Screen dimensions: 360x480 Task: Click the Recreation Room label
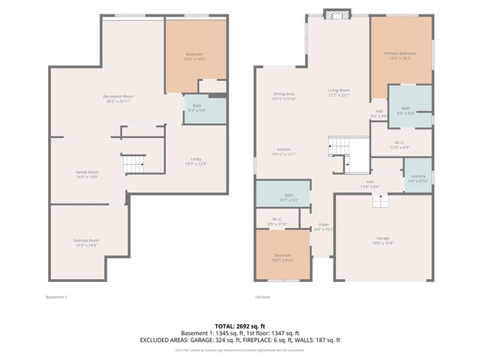[x=118, y=98]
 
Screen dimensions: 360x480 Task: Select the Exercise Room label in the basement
[x=86, y=242]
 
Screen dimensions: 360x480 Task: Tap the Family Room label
[x=87, y=174]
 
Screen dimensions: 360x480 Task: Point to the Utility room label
[x=196, y=160]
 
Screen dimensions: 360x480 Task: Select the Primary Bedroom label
[x=400, y=55]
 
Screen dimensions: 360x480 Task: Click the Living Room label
[x=339, y=92]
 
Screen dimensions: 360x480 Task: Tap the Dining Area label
[x=284, y=95]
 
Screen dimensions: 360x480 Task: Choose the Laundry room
[x=418, y=178]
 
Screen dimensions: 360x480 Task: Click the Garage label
[x=383, y=240]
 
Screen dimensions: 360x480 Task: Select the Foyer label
[x=324, y=226]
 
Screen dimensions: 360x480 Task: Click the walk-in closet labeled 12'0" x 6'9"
[x=399, y=144]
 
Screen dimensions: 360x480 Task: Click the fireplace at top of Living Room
[x=337, y=13]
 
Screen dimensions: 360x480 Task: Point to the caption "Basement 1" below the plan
[x=56, y=297]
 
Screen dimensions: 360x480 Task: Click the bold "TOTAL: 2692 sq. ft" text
[x=239, y=326]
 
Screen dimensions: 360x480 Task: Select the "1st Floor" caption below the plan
[x=262, y=297]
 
